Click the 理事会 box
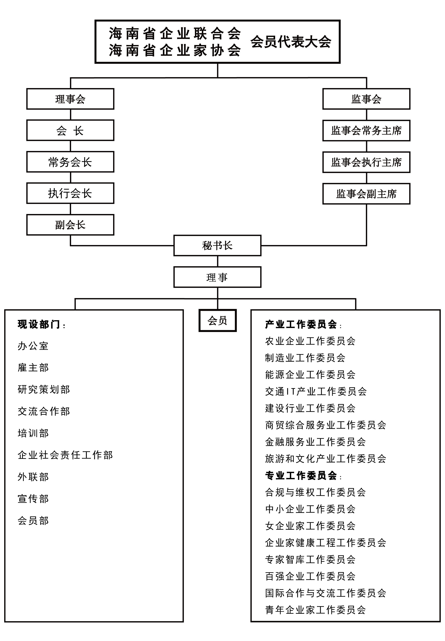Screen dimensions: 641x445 click(x=70, y=99)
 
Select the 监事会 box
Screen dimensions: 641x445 click(x=366, y=99)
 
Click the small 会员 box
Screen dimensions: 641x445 click(x=218, y=320)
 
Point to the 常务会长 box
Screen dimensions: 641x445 click(x=70, y=162)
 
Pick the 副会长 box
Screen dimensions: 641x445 click(x=70, y=225)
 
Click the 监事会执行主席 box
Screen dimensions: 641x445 click(x=366, y=162)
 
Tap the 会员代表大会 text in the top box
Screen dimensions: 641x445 click(x=291, y=42)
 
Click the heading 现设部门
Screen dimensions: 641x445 click(x=39, y=324)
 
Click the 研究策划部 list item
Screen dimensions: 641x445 click(x=44, y=389)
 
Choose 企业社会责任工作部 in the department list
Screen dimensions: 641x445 click(x=65, y=455)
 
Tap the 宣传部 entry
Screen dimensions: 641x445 click(x=33, y=499)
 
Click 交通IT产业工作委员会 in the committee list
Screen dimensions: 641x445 click(x=316, y=391)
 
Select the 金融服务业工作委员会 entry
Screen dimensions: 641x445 click(x=315, y=442)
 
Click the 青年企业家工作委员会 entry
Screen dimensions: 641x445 click(x=315, y=610)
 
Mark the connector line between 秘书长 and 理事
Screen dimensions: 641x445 click(x=218, y=261)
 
